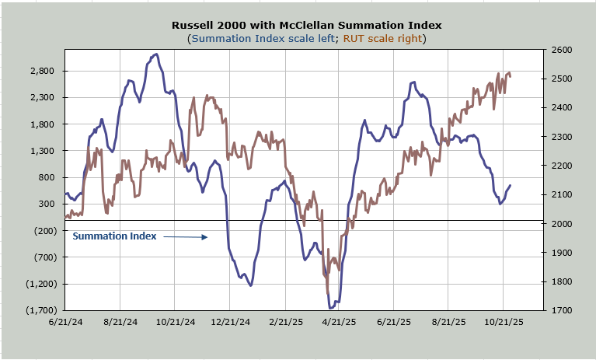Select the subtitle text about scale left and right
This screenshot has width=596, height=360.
coord(307,38)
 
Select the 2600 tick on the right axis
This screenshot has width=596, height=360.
coord(563,50)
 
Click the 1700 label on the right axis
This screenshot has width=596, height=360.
coord(563,310)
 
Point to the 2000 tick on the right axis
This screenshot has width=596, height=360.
coord(563,224)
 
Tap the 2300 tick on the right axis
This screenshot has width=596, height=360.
coord(563,137)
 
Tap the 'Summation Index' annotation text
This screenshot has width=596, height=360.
coord(114,236)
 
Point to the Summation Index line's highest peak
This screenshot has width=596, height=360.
coord(156,54)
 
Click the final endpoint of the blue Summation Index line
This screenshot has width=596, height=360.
coord(511,185)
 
